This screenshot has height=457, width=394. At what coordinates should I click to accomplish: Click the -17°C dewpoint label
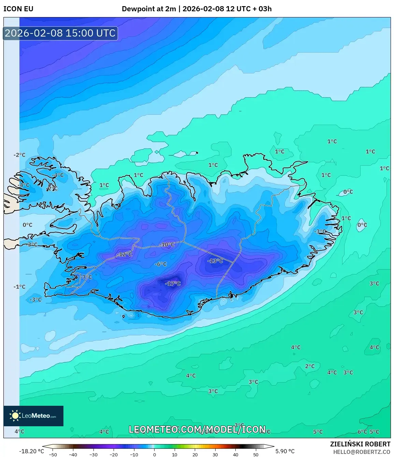[173, 283]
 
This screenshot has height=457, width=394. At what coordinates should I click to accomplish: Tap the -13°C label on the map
[215, 261]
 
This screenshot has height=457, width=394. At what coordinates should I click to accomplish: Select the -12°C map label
[124, 254]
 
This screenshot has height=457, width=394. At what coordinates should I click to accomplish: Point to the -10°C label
[167, 245]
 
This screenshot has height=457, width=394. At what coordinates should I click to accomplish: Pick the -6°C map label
[161, 264]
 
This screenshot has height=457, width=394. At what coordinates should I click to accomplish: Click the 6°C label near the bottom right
[362, 432]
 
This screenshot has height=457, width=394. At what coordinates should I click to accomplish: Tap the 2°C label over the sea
[310, 366]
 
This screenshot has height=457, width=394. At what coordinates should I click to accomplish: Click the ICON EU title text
[18, 9]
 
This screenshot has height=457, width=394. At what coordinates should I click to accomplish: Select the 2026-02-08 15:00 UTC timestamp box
[60, 33]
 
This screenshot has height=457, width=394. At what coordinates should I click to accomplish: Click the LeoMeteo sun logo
[15, 416]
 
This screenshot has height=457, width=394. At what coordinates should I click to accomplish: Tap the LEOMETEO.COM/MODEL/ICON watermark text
[197, 429]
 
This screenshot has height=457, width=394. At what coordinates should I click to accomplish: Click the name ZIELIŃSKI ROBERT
[360, 444]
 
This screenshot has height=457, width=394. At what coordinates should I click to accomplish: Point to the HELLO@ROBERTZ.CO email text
[362, 452]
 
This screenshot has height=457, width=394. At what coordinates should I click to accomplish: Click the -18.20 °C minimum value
[32, 451]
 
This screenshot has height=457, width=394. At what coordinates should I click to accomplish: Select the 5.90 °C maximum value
[285, 451]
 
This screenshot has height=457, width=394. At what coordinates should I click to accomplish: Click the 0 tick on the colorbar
[155, 455]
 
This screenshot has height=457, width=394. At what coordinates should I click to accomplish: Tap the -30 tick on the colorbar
[93, 455]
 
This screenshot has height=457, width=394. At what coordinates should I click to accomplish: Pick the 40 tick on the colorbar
[236, 455]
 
